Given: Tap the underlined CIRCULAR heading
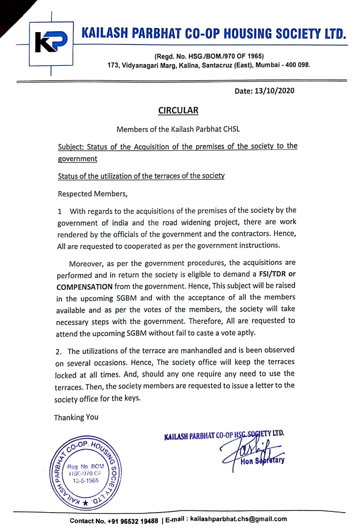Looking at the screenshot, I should (178, 110).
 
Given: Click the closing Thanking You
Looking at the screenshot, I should (76, 417).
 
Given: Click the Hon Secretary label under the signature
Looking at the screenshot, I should (262, 461).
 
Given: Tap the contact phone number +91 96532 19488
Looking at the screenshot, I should (132, 520).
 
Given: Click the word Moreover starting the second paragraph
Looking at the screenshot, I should (86, 263).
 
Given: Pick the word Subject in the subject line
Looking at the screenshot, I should (70, 147).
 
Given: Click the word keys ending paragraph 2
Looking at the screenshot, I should (132, 399).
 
